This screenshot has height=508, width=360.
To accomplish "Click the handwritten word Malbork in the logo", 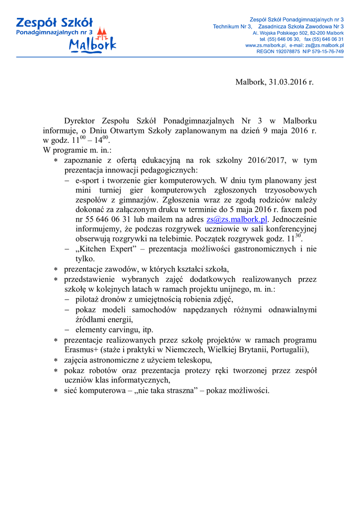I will [x=93, y=45].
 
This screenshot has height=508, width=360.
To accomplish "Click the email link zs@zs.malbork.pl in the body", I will [x=237, y=219].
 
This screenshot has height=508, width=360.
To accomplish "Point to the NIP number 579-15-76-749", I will [x=327, y=51].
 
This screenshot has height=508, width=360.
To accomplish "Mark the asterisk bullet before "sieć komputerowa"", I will [x=56, y=390].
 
